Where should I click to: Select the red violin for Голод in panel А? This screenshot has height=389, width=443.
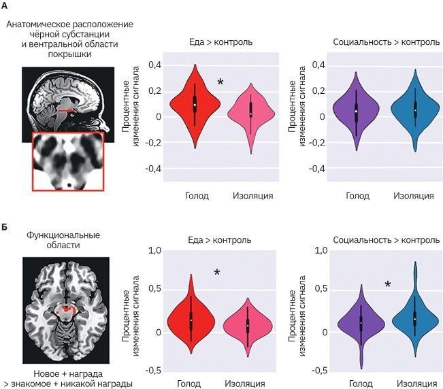coord(195,102)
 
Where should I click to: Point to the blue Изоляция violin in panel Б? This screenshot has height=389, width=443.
coord(414,314)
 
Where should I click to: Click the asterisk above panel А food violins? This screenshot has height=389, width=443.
coord(220,83)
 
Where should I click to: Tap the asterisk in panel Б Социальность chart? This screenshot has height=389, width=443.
coord(388,285)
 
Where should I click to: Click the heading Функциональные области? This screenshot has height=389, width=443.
coord(63,240)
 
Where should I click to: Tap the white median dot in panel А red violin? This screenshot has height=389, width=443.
coord(195,105)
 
